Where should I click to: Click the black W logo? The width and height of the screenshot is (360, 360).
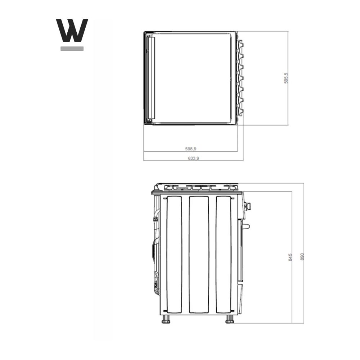pos(72,30)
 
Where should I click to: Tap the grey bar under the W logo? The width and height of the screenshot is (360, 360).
pos(72,49)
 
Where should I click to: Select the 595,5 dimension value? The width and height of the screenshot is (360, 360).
pos(286,78)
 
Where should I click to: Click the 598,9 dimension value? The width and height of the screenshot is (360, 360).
pos(191,149)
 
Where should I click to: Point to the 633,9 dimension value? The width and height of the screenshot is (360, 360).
pos(194,158)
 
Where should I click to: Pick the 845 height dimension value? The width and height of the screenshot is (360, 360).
pos(290,257)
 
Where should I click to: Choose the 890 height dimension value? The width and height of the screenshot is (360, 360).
pos(302,257)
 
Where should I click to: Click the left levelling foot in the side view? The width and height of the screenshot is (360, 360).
pos(166,319)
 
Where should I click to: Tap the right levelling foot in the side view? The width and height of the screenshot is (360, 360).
pos(229,319)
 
